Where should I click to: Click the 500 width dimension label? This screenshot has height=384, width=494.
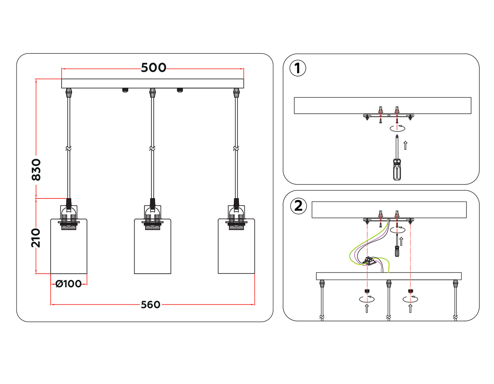click(x=153, y=68)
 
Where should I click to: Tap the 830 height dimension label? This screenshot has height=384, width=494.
click(x=36, y=170)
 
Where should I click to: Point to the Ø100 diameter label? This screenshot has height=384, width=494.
click(x=69, y=284)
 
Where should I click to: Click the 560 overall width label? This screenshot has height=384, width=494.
click(x=151, y=305)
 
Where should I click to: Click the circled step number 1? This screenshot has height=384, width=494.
click(x=298, y=68)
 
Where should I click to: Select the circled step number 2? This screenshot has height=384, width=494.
click(x=298, y=206)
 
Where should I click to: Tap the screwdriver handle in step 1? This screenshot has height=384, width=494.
click(x=397, y=170)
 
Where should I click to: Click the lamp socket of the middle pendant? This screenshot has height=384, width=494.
click(x=152, y=219)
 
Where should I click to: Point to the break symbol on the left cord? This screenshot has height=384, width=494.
click(x=69, y=149)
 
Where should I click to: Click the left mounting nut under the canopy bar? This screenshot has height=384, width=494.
click(x=125, y=90)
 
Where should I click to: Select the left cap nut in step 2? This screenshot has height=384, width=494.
click(x=367, y=291)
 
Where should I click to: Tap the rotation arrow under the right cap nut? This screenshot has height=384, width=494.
click(x=410, y=299)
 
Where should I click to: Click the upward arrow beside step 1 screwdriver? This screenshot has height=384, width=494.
click(x=405, y=145)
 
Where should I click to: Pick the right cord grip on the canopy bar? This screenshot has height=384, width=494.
click(x=236, y=93)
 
